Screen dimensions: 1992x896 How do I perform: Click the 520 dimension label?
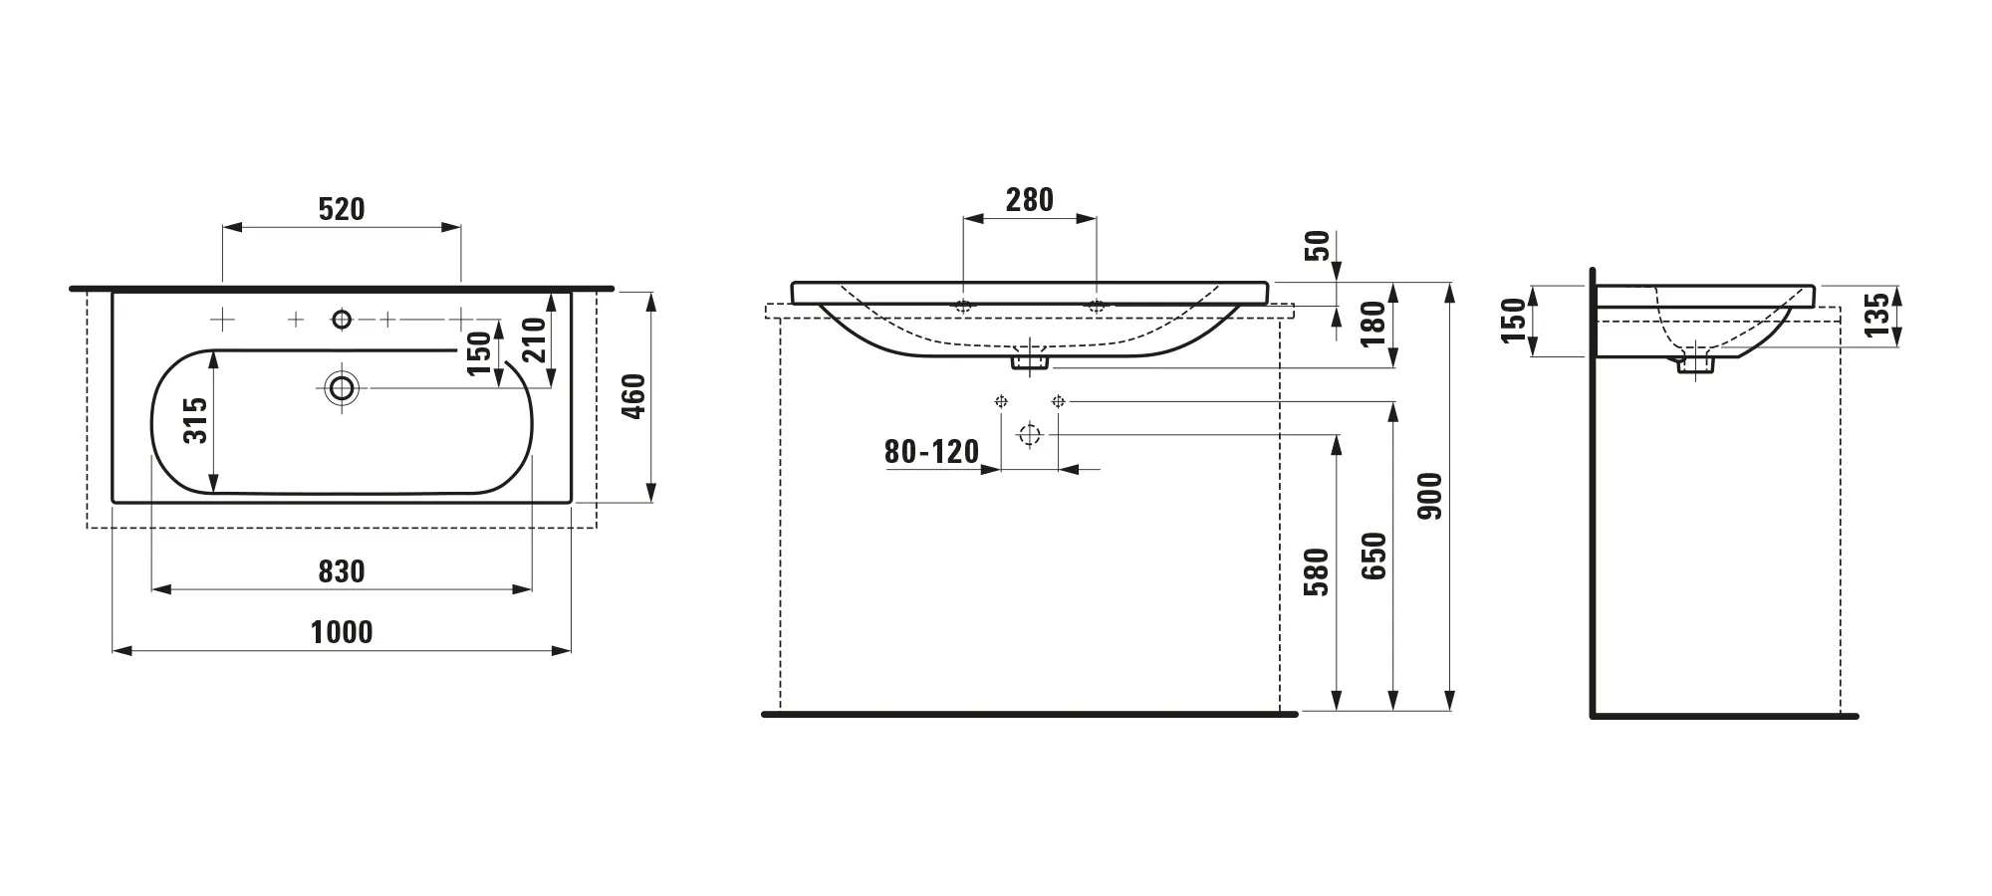tap(342, 209)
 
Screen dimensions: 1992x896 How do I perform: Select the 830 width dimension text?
tap(342, 571)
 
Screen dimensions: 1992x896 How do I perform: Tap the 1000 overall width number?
tap(342, 632)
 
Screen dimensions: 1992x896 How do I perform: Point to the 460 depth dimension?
tap(633, 396)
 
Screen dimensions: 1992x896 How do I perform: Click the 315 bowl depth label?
tap(196, 420)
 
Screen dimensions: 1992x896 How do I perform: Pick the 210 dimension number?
tap(534, 338)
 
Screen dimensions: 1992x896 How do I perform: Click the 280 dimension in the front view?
tap(1030, 200)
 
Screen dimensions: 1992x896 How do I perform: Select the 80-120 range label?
tap(932, 452)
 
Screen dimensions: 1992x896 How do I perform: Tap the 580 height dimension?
tap(1317, 571)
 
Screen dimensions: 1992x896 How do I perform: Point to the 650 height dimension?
tap(1373, 558)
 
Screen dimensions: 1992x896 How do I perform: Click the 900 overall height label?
tap(1430, 496)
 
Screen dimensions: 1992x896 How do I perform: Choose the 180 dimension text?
tap(1373, 324)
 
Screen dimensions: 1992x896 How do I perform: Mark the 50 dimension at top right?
tap(1318, 245)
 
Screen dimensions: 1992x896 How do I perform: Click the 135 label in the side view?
tap(1876, 315)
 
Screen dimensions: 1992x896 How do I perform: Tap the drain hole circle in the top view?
tap(343, 387)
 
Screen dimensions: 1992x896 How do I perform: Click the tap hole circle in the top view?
tap(342, 319)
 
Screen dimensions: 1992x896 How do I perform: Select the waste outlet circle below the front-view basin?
tap(1030, 435)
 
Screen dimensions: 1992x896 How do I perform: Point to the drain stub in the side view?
tap(1693, 364)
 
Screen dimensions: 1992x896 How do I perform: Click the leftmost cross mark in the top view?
tap(222, 319)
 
